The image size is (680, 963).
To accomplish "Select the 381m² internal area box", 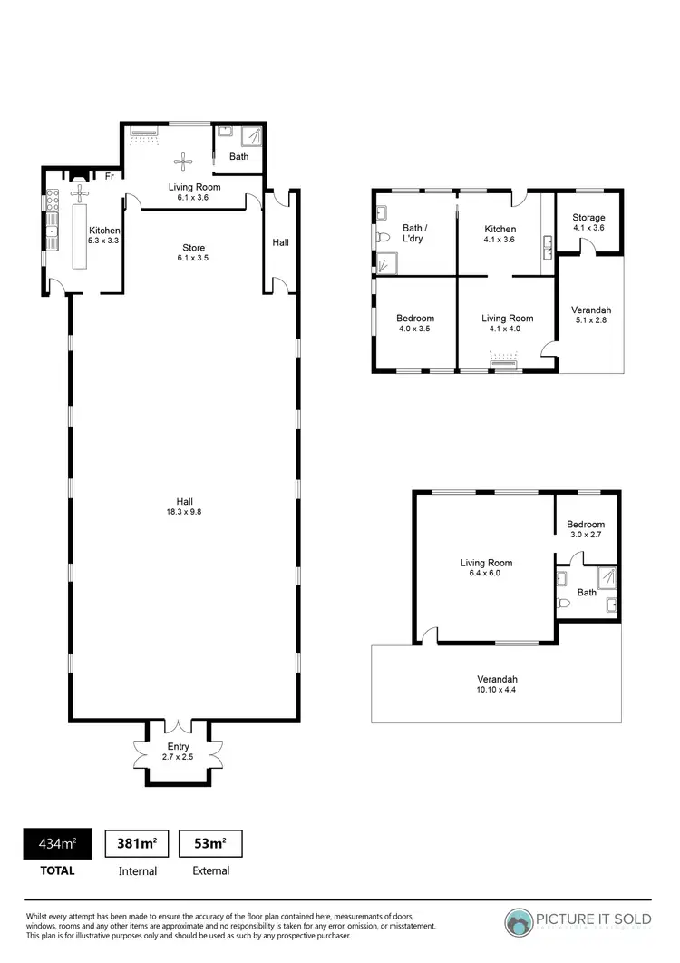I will (x=138, y=844).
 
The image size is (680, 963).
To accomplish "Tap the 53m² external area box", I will (x=210, y=844).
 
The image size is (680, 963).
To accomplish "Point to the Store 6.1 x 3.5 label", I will (x=194, y=252).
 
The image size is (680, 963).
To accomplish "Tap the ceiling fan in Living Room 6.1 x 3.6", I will (x=185, y=162).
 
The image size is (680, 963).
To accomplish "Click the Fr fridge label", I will (x=109, y=175).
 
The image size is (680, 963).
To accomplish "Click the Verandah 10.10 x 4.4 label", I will (x=497, y=684).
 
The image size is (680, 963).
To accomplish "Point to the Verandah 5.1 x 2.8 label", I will (x=590, y=315).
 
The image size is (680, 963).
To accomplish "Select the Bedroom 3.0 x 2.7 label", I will (x=585, y=529).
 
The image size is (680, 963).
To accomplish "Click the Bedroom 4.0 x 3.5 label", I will (x=415, y=323).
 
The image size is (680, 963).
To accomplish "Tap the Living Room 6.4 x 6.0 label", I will (x=486, y=568).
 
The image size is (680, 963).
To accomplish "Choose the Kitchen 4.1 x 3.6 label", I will (x=500, y=234).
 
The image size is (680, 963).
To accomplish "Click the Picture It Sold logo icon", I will (x=520, y=923).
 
